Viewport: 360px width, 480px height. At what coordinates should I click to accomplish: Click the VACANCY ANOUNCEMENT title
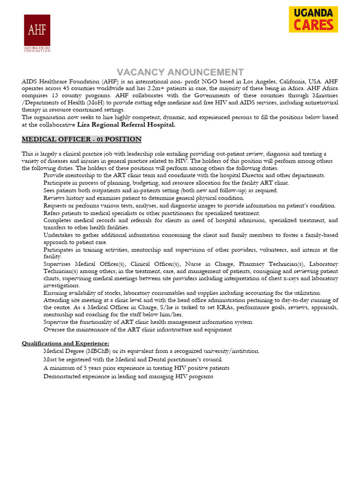click(180, 72)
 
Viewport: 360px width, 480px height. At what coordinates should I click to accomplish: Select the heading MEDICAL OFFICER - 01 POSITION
click(82, 140)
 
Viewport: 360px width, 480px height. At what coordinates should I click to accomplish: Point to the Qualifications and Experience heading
click(66, 343)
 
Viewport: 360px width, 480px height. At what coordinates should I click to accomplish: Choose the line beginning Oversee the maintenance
click(137, 330)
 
